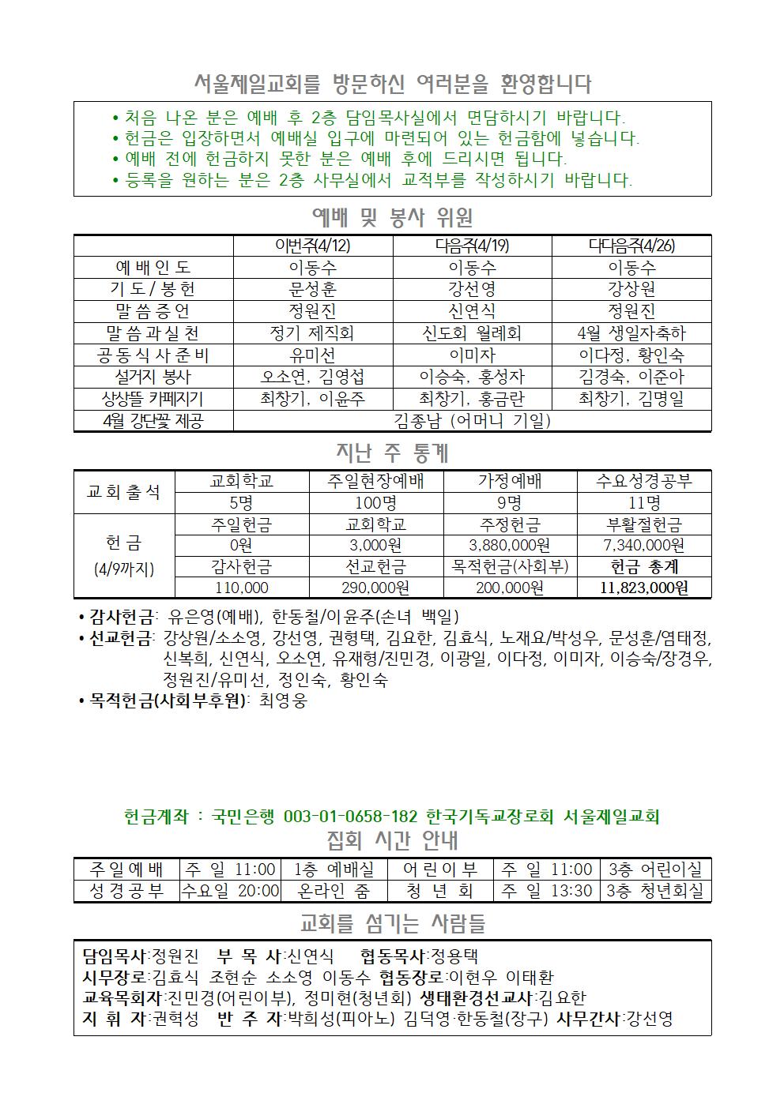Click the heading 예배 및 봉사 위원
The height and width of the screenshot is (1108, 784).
pos(392,216)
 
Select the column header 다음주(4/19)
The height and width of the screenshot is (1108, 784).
pos(472,246)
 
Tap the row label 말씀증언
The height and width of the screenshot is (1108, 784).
pos(153,311)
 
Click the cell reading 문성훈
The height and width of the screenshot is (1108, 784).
pos(313,289)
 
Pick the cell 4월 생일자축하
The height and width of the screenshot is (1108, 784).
pos(631,333)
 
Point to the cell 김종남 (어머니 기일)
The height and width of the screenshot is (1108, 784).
pos(472,421)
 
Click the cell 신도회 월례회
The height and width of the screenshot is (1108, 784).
pos(472,333)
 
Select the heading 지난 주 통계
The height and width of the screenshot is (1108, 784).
pos(392,453)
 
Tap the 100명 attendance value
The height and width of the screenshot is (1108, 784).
pos(376,503)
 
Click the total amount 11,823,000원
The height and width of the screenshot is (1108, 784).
pos(643,588)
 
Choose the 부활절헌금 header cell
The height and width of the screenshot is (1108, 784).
pos(643,524)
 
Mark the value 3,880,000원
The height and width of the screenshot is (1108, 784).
pos(510,545)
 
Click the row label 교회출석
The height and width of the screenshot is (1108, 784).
pos(124,492)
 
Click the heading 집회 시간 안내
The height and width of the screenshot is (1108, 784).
pos(392,839)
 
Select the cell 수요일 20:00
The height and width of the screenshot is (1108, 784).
pos(231,891)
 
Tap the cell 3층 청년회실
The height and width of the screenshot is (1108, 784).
pos(654,891)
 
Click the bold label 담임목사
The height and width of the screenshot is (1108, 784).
pos(114,956)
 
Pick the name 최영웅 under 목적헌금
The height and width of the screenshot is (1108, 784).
pos(283,700)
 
